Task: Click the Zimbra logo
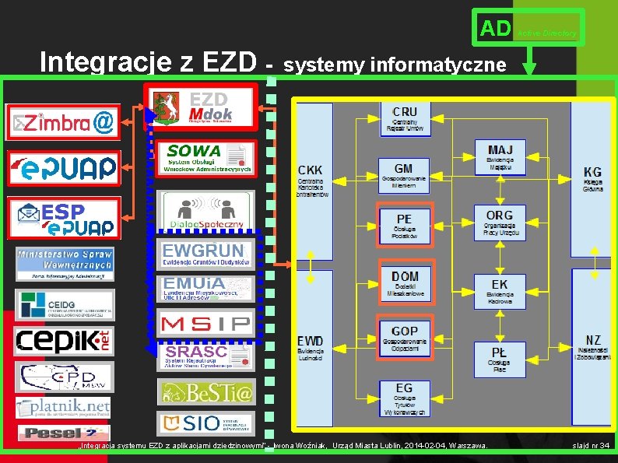point(64,122)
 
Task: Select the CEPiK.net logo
point(64,340)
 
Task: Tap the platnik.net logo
point(64,407)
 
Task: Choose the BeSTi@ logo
point(205,392)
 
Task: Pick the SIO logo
point(205,423)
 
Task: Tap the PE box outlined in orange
point(404,226)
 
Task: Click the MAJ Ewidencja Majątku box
point(500,156)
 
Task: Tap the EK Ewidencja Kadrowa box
point(500,290)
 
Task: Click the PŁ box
point(500,359)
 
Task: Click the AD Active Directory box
point(529,28)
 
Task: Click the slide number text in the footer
point(591,446)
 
